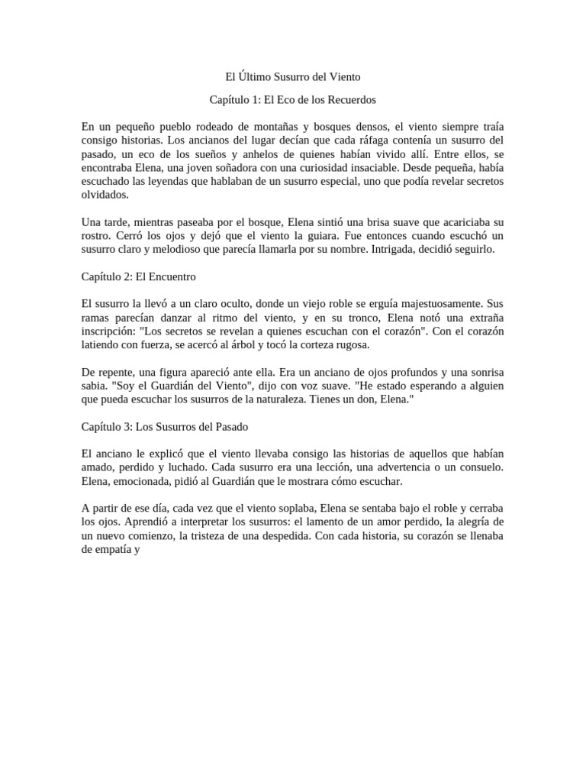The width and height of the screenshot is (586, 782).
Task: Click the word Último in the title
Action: (x=256, y=77)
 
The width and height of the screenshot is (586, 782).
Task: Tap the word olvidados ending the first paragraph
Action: (x=107, y=195)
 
